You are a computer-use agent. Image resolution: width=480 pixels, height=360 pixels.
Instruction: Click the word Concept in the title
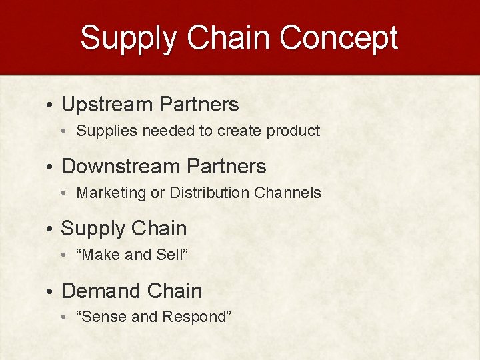coord(339,39)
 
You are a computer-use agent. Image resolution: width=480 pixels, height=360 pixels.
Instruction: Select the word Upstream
coord(107,105)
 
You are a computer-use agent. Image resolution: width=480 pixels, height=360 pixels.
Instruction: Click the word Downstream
coord(121,167)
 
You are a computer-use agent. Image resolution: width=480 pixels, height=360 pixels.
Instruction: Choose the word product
coord(293,131)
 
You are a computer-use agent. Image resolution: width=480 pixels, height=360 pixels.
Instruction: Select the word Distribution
coord(209,193)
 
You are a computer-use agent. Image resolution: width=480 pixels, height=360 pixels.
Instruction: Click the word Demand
coord(100,291)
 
